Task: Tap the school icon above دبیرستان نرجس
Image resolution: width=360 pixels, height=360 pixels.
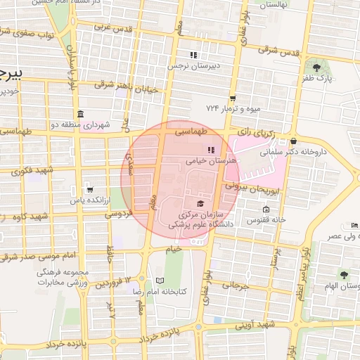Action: [193, 55]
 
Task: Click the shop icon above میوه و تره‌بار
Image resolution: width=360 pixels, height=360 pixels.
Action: [233, 98]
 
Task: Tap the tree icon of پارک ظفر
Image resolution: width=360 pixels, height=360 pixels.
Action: [318, 68]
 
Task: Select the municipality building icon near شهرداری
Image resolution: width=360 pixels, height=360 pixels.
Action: [80, 114]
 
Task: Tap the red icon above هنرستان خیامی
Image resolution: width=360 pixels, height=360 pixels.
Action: [211, 150]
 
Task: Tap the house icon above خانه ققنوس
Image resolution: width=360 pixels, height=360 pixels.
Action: [265, 209]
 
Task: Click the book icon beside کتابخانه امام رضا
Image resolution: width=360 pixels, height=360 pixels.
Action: [160, 281]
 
